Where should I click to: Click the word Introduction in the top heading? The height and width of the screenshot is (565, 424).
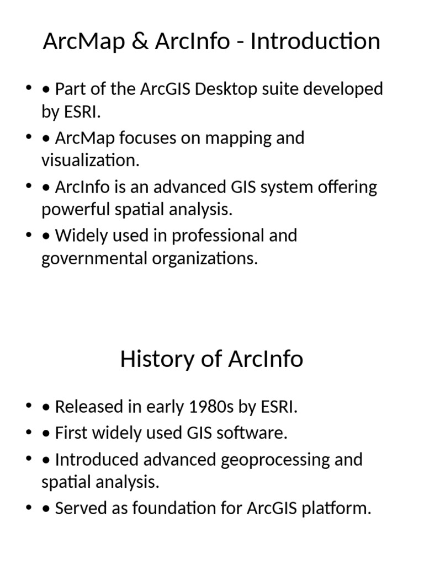[315, 42]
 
